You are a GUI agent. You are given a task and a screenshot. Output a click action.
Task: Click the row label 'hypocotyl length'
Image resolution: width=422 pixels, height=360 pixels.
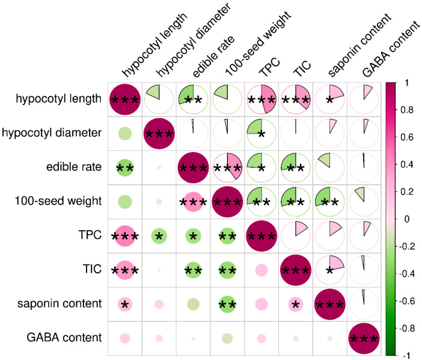click(59, 99)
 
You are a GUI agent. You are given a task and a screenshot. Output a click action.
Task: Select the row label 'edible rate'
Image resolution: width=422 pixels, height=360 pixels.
click(74, 167)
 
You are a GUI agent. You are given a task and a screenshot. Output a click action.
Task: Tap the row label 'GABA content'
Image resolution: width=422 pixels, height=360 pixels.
click(64, 337)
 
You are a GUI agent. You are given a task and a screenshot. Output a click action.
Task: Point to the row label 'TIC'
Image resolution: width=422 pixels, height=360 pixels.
click(93, 269)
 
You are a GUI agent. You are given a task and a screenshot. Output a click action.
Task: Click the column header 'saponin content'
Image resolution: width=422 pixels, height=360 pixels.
click(359, 44)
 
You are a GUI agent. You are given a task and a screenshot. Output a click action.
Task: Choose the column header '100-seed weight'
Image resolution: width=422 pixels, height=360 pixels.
click(258, 44)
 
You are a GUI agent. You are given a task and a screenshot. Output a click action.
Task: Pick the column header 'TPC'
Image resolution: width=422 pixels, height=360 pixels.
click(269, 67)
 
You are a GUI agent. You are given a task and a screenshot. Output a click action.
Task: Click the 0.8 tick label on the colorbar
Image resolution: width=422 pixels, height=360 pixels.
click(407, 110)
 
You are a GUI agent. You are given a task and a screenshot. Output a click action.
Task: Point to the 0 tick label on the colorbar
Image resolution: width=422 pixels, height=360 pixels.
click(406, 219)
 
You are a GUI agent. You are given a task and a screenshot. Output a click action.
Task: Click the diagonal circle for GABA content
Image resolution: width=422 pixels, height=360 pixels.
click(364, 338)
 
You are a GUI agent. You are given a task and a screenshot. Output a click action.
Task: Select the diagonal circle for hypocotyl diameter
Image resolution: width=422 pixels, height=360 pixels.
click(159, 133)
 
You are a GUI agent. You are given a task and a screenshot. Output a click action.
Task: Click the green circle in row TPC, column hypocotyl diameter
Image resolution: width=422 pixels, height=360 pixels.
click(159, 236)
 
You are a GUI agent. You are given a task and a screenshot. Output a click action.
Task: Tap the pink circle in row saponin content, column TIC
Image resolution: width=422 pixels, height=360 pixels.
click(296, 304)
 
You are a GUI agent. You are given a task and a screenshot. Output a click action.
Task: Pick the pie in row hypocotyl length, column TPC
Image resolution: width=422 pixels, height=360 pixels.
click(261, 99)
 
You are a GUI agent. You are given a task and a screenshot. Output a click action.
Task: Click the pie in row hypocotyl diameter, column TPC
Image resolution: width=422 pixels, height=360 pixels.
click(261, 133)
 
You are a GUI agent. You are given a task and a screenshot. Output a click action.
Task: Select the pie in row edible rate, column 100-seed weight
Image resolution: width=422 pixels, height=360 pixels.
click(227, 168)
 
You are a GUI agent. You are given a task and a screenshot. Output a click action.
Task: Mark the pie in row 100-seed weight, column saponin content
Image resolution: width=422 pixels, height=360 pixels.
click(329, 202)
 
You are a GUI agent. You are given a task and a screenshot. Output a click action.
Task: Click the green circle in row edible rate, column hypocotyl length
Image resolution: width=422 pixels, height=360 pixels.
click(125, 168)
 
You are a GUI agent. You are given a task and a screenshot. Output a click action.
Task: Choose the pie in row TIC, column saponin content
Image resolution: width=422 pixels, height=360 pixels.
click(329, 270)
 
